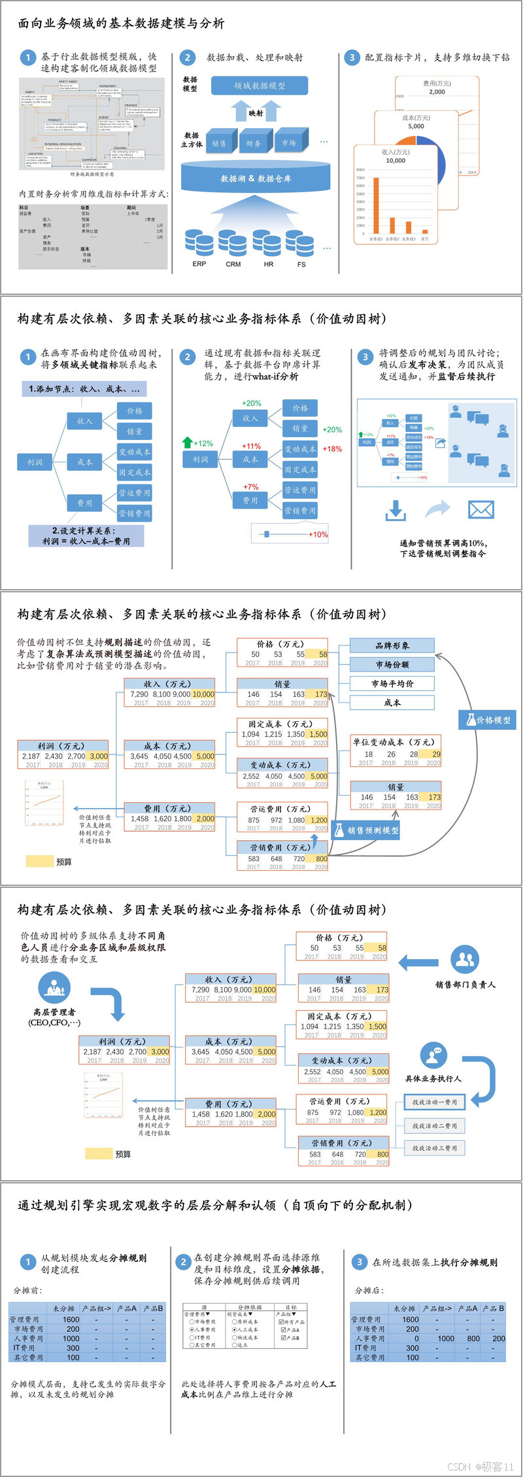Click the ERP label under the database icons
coord(199,264)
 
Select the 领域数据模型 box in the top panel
coord(260,86)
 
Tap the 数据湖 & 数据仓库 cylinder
coord(256,178)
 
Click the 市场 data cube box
coord(289,143)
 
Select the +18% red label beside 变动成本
coord(332,449)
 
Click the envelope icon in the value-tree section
coord(481,510)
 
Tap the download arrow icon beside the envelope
coord(396,511)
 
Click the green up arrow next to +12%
coord(188,443)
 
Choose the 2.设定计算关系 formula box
coord(86,536)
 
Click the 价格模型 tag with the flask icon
coord(488,720)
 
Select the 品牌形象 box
coord(392,646)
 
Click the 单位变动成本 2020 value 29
coord(436,754)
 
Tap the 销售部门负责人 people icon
coord(465,959)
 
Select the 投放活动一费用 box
coord(435,1102)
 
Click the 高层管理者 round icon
coord(54,988)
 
